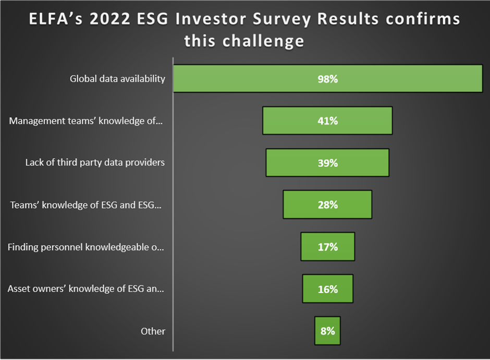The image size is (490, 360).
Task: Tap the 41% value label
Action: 328,121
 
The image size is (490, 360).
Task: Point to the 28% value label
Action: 328,205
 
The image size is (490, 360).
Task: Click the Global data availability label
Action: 117,79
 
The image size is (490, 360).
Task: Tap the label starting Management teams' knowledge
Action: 87,121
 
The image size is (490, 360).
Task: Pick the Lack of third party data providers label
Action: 95,163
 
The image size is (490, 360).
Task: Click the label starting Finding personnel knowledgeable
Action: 86,247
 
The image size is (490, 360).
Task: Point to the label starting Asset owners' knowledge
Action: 86,289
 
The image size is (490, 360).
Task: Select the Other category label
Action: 153,331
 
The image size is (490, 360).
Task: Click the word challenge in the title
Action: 263,41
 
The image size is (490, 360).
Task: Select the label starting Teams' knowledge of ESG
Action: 86,205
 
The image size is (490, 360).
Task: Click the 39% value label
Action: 328,163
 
